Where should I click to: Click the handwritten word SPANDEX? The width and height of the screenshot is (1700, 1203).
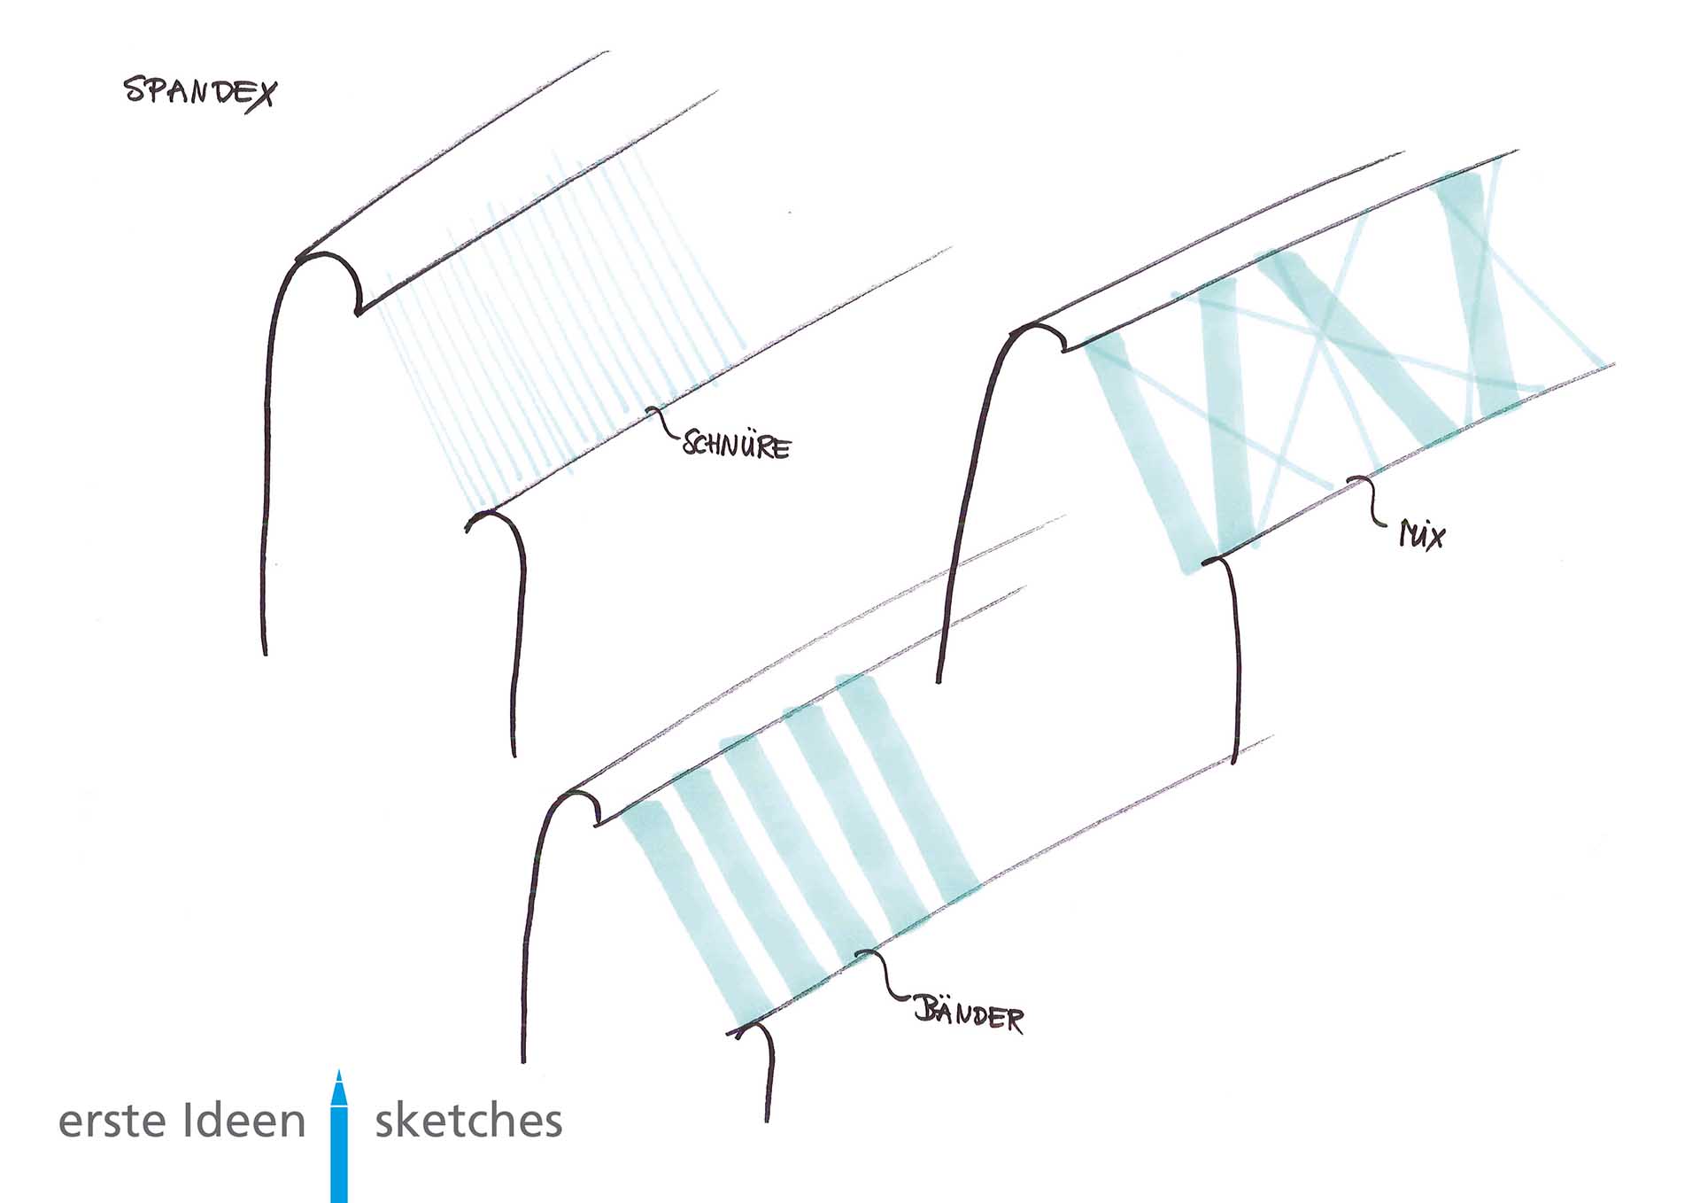[200, 92]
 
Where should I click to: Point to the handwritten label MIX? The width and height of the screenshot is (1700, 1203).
[1422, 535]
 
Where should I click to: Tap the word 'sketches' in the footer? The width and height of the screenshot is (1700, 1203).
[468, 1121]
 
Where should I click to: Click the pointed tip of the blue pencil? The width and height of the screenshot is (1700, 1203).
[338, 1074]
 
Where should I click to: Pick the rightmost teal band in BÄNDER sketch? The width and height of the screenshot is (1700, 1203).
[912, 788]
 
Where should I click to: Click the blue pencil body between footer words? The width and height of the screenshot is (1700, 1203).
[339, 1152]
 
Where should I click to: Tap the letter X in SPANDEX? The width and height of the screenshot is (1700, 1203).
[261, 94]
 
